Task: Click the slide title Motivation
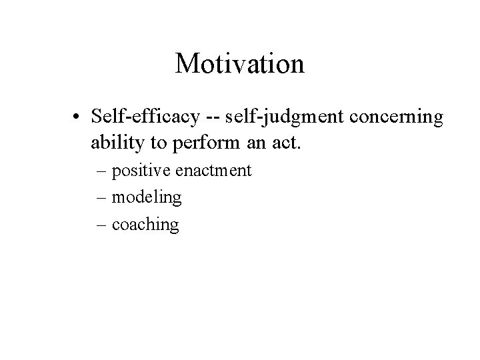click(239, 64)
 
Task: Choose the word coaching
click(145, 225)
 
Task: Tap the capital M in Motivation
click(187, 64)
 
